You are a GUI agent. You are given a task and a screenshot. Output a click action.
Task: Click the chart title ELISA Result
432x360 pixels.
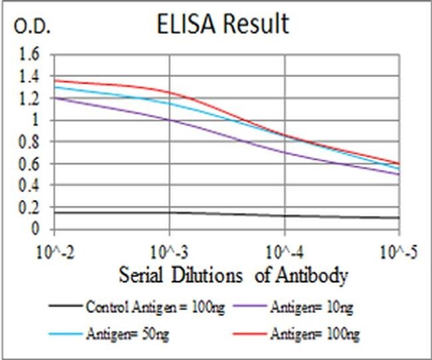tap(223, 25)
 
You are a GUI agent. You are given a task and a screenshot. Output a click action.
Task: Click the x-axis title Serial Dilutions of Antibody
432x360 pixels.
tap(233, 275)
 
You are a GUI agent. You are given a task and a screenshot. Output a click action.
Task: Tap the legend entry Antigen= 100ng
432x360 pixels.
tap(318, 334)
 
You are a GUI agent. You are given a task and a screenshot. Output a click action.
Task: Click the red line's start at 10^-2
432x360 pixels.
tap(54, 80)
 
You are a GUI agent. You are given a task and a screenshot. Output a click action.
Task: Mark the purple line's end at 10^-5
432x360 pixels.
tap(399, 175)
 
